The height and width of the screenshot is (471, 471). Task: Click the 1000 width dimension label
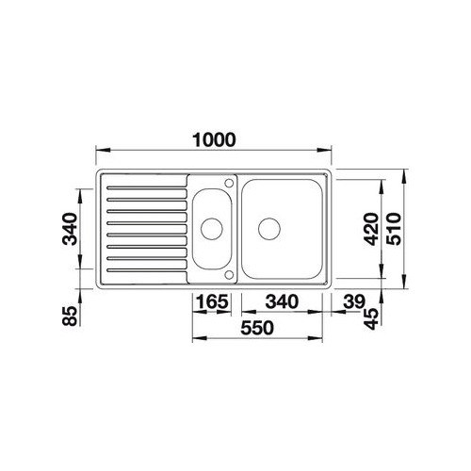coord(214,140)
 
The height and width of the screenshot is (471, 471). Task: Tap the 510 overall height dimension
coord(394,229)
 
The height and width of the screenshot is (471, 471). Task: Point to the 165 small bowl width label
coord(212,301)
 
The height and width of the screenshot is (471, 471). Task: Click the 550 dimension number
coord(257,328)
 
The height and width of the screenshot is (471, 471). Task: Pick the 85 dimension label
coord(70,316)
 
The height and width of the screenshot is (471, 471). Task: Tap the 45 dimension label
coord(372,318)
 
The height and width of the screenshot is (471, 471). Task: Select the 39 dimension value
coord(354,301)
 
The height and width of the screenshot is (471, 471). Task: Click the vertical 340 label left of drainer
coord(70,229)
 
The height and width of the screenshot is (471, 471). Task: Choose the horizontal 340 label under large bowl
coord(282,301)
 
